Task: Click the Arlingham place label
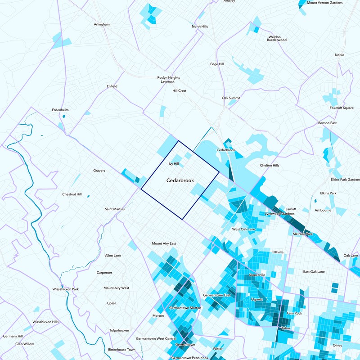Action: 102,24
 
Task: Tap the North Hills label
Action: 200,27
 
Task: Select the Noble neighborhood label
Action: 339,55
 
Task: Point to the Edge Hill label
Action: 217,64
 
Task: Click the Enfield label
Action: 112,86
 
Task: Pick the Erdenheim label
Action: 61,110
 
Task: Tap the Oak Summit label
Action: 231,98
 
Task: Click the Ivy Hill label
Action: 174,164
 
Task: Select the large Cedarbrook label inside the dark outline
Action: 180,180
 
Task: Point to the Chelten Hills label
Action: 270,165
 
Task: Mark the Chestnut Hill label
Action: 72,194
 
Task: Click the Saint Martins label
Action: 115,209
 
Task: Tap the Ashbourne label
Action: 323,210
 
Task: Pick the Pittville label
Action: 278,252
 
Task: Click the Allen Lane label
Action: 113,256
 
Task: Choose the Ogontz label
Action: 256,299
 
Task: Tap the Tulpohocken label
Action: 119,330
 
